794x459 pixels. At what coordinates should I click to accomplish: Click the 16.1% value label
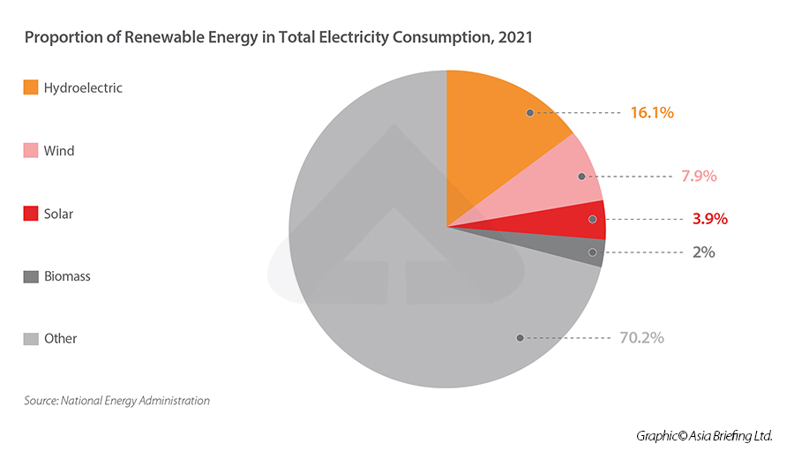coord(652,113)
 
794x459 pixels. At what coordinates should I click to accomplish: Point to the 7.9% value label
coord(698,176)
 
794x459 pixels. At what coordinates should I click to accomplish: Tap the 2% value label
coord(703,252)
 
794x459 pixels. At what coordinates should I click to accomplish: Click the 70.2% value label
coord(640,337)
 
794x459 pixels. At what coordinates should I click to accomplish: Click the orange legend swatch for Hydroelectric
coord(31,87)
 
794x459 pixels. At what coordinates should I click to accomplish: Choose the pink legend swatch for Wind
coord(31,151)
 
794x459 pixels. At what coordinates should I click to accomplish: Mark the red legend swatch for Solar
coord(31,214)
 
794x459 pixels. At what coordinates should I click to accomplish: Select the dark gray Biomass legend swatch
coord(31,276)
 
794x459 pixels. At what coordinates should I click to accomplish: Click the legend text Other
coord(61,338)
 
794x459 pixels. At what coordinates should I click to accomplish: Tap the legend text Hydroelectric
coord(83,87)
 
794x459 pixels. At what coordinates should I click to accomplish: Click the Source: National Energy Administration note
coord(116,400)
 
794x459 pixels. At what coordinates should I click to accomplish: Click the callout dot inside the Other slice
coord(521,337)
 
